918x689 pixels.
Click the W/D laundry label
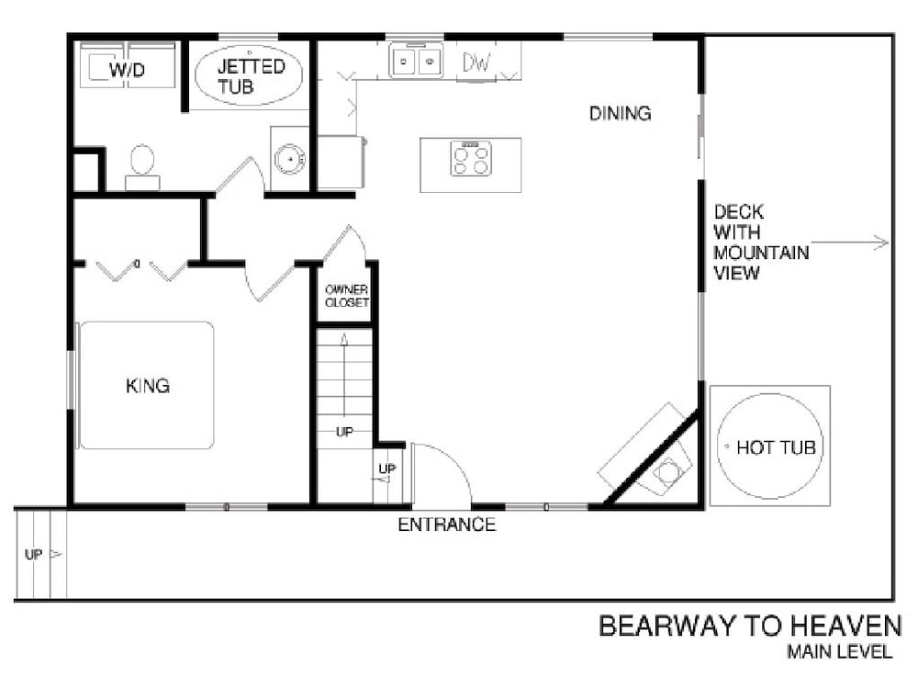point(127,71)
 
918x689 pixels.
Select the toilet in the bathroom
point(142,167)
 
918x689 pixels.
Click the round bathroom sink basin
point(290,158)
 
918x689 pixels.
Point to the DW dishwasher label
point(476,62)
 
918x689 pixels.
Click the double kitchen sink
point(416,61)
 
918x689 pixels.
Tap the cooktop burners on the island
point(471,159)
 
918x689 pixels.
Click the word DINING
point(620,113)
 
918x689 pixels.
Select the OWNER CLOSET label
point(347,296)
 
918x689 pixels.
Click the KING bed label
point(148,386)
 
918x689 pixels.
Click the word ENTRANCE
point(447,525)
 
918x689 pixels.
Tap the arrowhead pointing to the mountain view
point(882,242)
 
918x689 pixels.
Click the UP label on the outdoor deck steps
point(33,554)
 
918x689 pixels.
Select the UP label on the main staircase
point(344,432)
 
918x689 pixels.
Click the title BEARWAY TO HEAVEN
point(750,626)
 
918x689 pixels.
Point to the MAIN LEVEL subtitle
point(840,651)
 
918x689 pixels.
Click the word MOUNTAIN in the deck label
point(761,253)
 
